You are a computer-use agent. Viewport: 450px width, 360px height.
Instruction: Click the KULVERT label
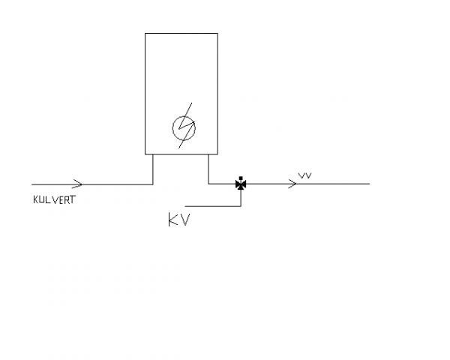54,199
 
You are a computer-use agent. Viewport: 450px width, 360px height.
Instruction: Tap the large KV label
179,220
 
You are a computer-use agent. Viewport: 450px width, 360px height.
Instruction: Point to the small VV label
304,175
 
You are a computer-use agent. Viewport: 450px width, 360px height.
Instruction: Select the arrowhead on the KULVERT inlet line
77,184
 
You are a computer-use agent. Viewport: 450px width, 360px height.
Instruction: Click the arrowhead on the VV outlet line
292,184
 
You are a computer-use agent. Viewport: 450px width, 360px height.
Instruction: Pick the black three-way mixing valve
241,184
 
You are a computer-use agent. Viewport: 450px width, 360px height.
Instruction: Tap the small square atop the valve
241,178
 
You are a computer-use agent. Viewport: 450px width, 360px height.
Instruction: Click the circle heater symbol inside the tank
184,127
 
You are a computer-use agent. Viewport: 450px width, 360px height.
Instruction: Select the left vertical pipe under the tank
153,169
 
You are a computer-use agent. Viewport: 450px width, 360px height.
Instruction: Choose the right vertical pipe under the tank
208,169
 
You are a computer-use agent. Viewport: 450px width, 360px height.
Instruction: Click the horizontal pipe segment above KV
213,206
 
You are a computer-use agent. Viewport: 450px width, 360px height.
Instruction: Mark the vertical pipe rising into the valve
241,198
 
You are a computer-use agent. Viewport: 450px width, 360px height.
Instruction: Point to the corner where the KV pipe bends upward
241,206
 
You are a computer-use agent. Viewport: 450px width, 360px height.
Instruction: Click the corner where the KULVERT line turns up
153,184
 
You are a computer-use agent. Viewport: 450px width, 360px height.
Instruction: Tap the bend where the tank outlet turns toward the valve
208,184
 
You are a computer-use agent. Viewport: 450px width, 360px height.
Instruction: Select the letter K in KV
172,220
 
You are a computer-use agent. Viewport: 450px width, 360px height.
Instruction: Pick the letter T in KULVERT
72,199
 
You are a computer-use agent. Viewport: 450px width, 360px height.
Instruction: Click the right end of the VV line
370,184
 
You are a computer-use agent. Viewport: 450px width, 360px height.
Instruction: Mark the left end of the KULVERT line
31,184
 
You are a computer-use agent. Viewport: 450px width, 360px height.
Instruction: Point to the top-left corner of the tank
145,33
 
